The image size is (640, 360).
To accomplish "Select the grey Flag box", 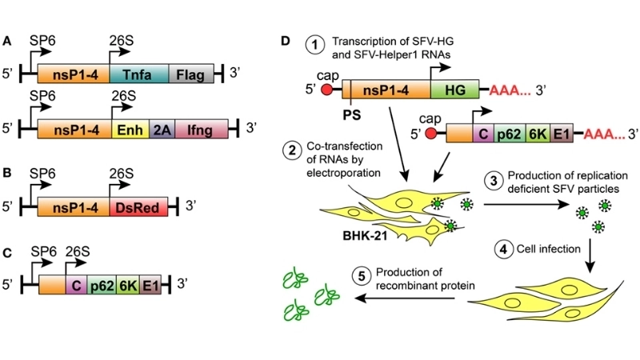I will (190, 74).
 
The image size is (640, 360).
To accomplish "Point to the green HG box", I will (454, 90).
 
